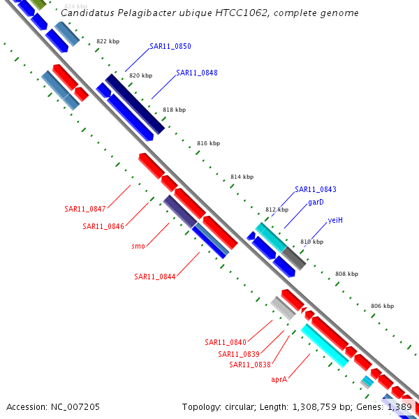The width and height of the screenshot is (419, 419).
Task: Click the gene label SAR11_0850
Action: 170,46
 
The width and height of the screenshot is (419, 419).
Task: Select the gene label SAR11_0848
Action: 196,73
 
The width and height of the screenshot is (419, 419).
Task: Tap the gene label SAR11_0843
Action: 315,189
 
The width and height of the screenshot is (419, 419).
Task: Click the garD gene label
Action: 316,202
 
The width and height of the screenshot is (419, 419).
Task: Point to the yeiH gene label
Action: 335,220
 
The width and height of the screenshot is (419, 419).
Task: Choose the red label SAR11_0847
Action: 85,209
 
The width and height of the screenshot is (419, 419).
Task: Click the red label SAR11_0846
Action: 103,226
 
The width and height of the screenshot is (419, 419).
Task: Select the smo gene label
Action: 138,246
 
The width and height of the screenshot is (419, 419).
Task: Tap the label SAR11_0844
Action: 155,277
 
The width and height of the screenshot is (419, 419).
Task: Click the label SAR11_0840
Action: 226,342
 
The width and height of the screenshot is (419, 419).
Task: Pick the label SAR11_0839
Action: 239,354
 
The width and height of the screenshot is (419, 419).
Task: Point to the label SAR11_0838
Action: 250,365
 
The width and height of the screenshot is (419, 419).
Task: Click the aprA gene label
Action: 279,379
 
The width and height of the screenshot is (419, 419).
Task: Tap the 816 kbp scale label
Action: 208,143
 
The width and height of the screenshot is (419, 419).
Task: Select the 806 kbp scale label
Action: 382,306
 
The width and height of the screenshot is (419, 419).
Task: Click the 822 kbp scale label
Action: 108,42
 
